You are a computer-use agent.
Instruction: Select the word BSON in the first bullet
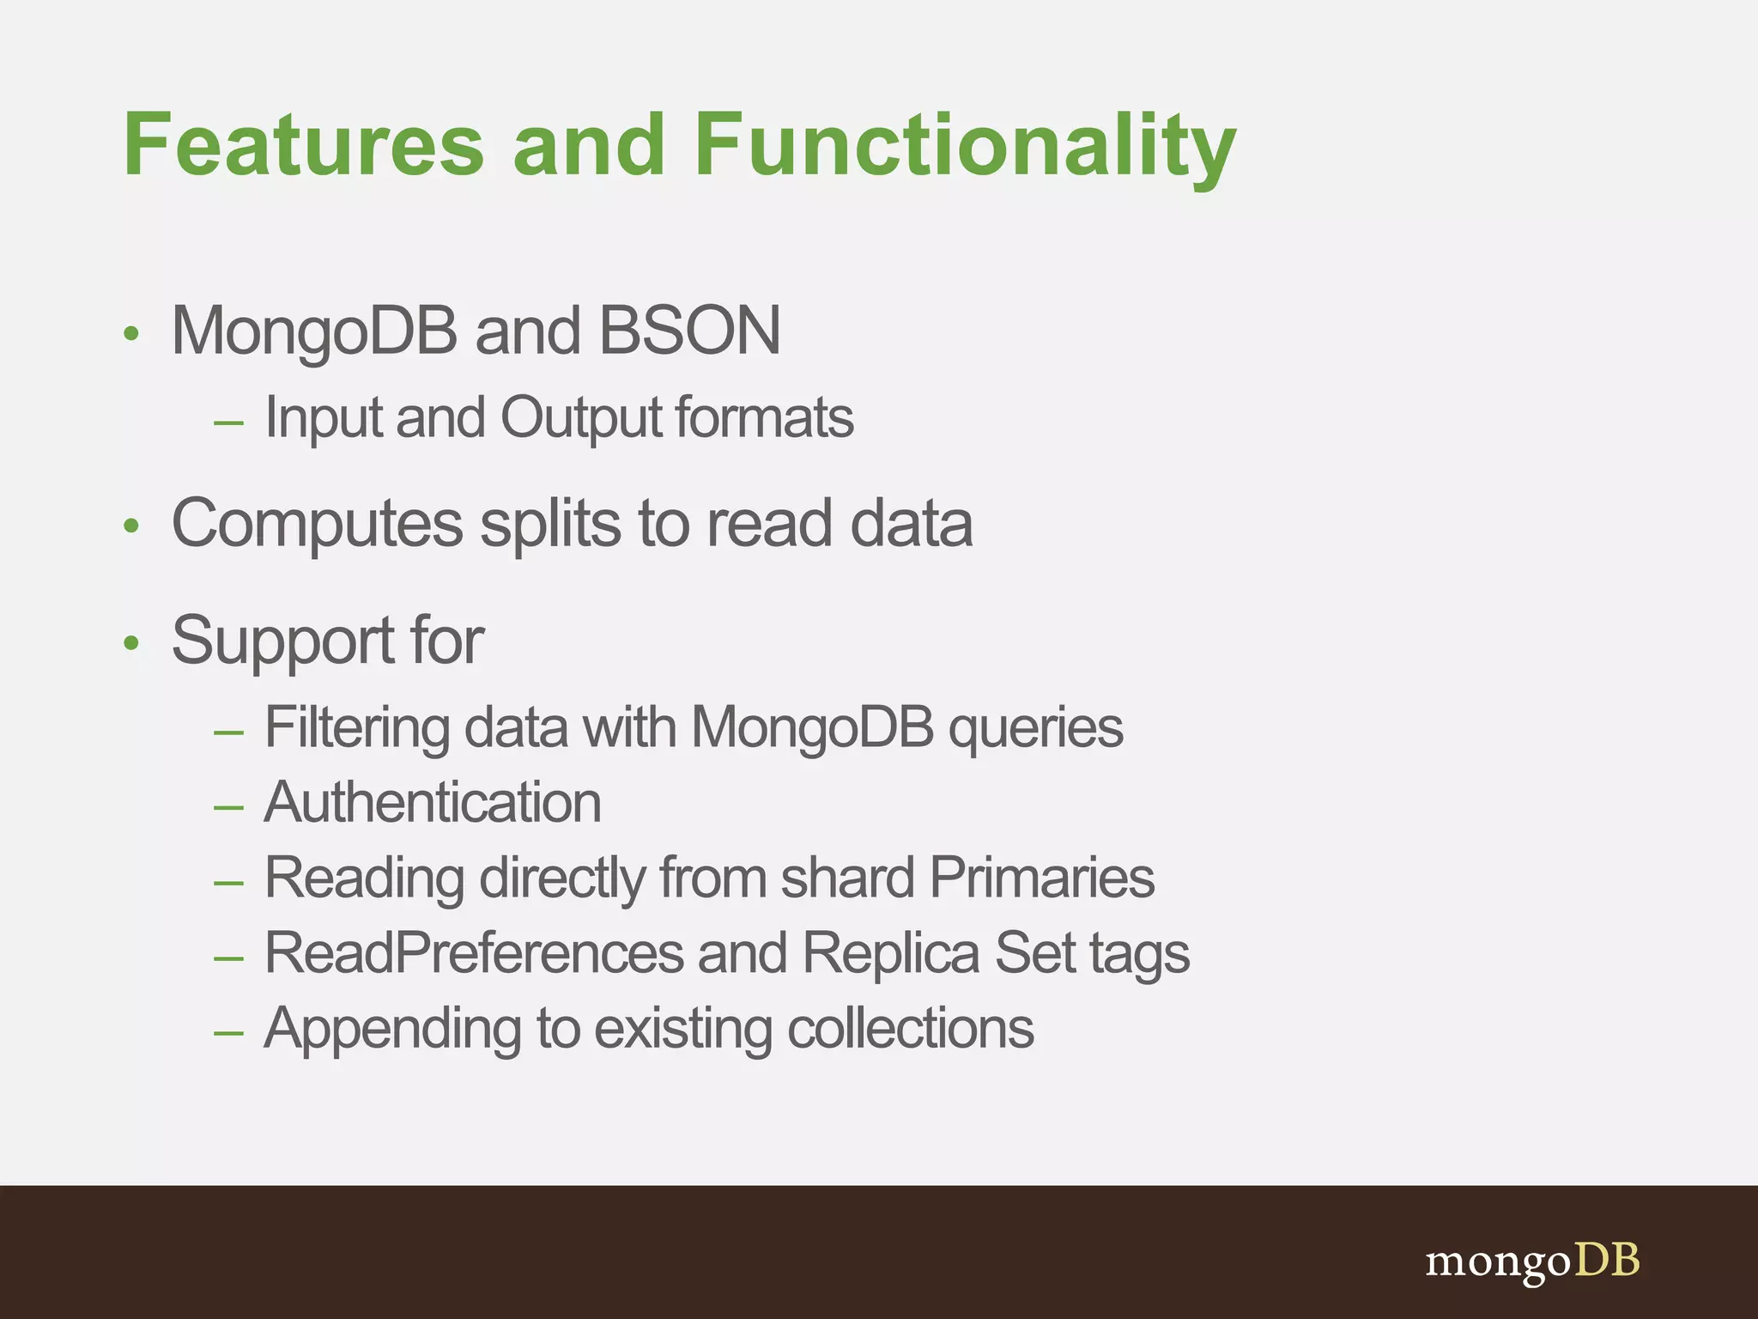pyautogui.click(x=689, y=331)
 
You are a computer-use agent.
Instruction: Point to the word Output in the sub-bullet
pyautogui.click(x=580, y=418)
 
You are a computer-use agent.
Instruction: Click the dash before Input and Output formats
pyautogui.click(x=228, y=422)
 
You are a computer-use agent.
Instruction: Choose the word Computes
pyautogui.click(x=318, y=524)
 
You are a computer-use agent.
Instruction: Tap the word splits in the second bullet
pyautogui.click(x=550, y=524)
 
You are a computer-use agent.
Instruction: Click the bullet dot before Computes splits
pyautogui.click(x=130, y=526)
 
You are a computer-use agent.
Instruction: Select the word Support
pyautogui.click(x=282, y=641)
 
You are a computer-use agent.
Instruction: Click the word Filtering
pyautogui.click(x=356, y=727)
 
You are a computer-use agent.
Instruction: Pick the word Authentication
pyautogui.click(x=433, y=803)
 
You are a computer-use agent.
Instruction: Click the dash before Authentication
pyautogui.click(x=228, y=807)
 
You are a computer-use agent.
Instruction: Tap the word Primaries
pyautogui.click(x=1042, y=878)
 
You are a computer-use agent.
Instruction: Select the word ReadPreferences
pyautogui.click(x=473, y=953)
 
